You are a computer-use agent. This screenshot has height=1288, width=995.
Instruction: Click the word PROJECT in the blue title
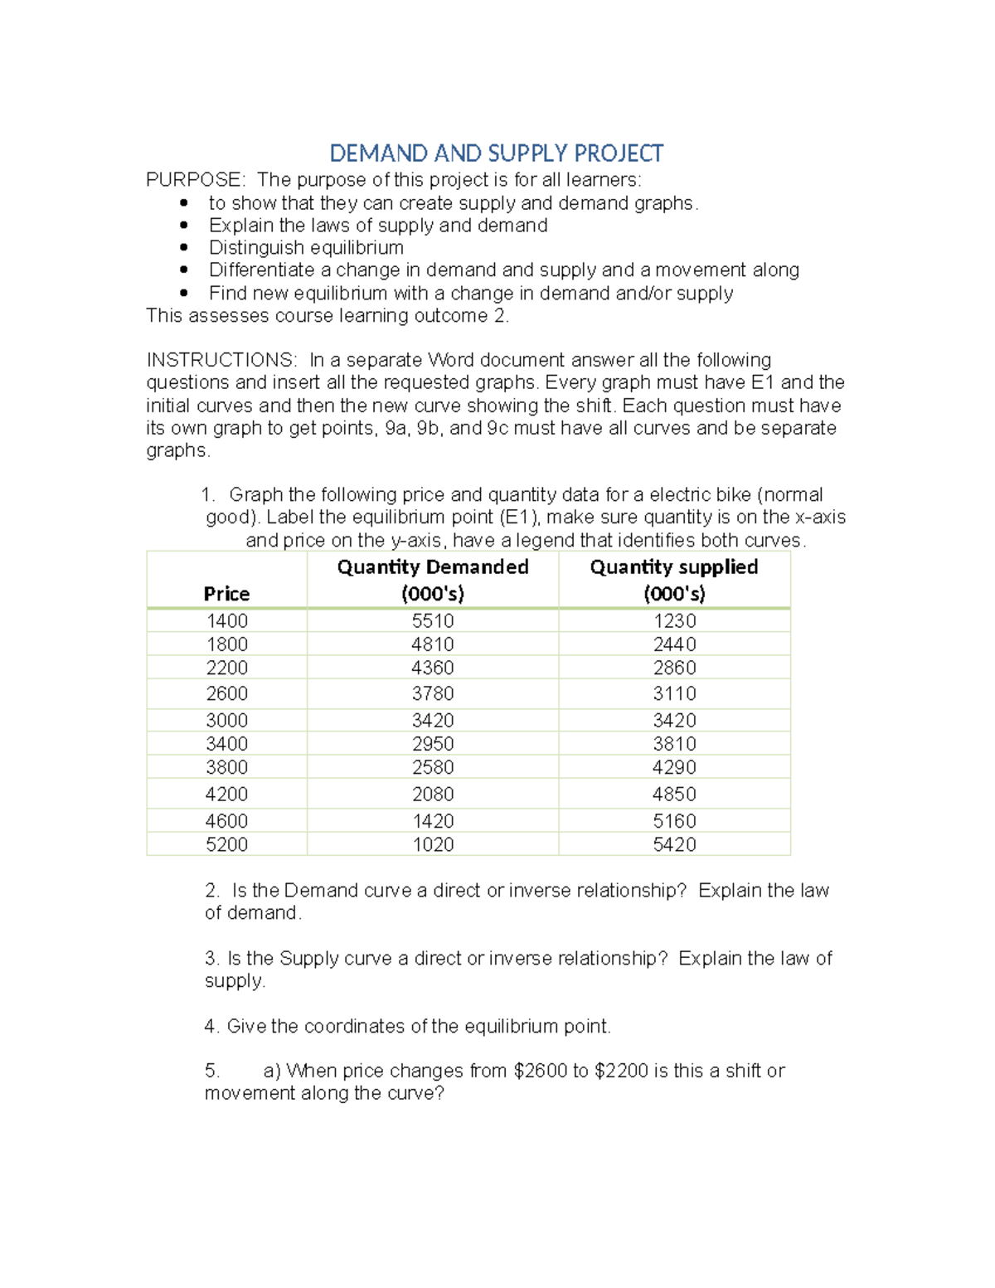[619, 153]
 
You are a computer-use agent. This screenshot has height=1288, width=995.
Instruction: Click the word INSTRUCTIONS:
[221, 360]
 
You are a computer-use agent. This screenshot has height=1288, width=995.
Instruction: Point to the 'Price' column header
[226, 594]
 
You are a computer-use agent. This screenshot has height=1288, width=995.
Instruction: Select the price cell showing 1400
[226, 621]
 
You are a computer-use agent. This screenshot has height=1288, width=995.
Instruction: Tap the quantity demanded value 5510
[432, 621]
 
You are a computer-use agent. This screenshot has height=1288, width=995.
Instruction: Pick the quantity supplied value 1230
[673, 621]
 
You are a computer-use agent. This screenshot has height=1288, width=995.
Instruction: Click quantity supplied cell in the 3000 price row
[673, 720]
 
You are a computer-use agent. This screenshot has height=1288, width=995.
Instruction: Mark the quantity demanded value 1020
[432, 844]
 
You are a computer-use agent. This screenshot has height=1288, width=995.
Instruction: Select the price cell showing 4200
[226, 795]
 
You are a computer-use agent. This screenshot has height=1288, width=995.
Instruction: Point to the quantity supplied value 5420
[673, 844]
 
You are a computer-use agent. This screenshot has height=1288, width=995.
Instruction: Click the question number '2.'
[212, 891]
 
